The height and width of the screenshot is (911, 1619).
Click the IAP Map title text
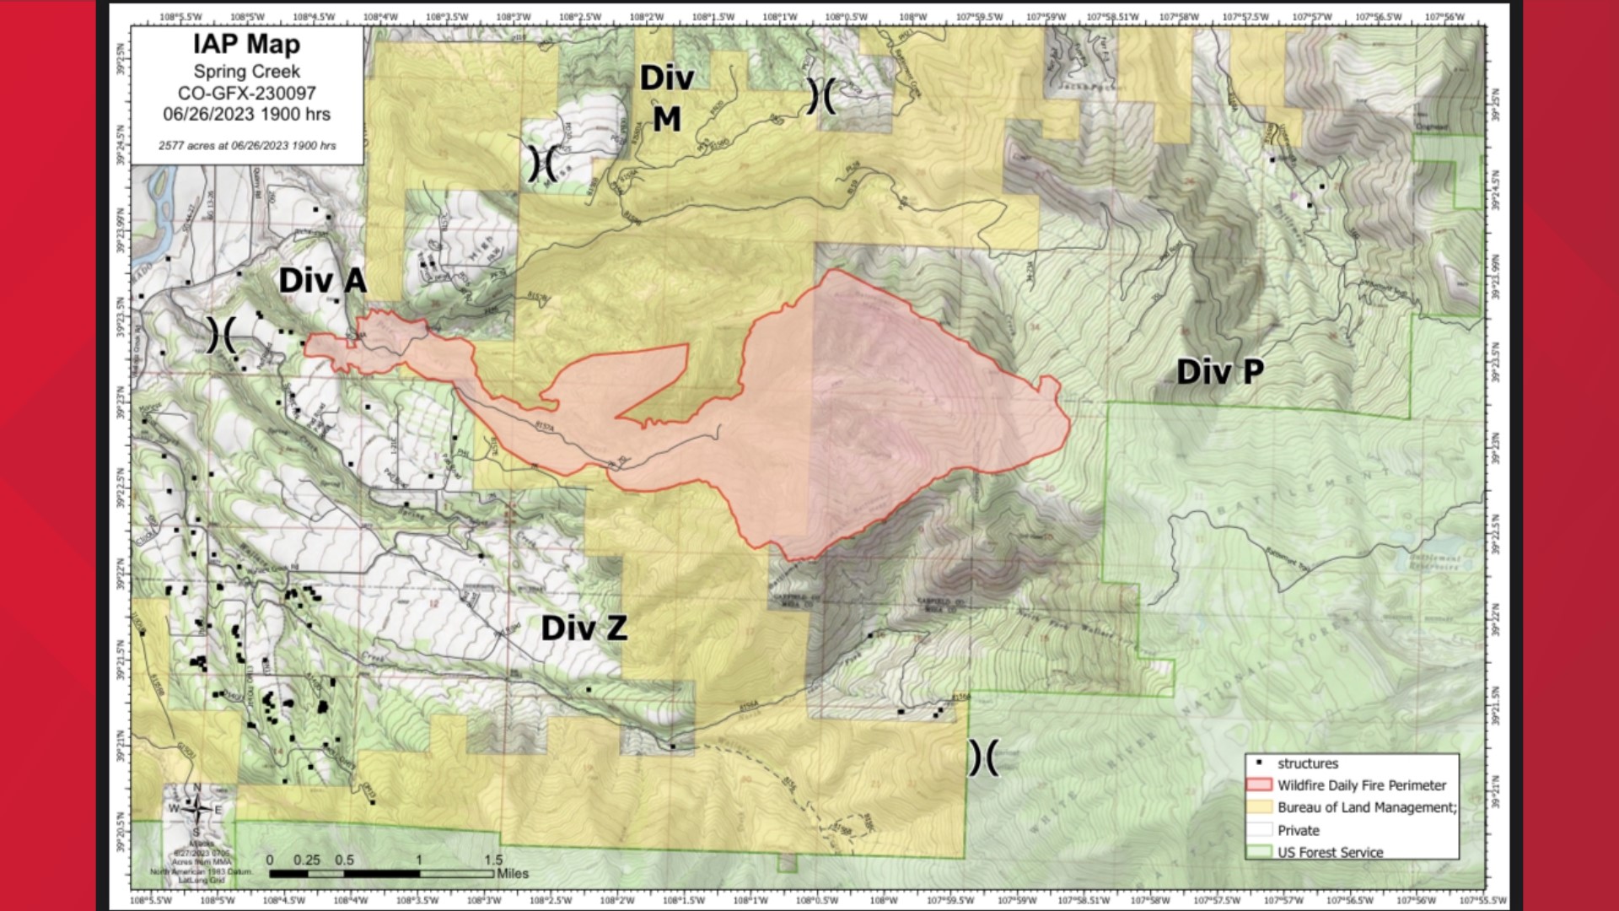coord(246,46)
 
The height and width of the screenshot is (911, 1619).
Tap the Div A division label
coord(322,281)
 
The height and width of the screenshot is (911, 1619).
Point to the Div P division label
coord(1219,371)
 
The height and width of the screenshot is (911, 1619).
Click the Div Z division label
coord(584,628)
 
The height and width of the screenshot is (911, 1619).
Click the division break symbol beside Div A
coord(221,337)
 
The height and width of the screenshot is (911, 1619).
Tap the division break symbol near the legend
coord(982,758)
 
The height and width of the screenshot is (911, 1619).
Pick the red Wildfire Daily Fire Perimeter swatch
coord(1259,785)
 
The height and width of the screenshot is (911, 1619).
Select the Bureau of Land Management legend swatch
coord(1259,807)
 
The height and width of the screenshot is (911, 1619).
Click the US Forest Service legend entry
coord(1330,852)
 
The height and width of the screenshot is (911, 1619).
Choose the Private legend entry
coord(1298,830)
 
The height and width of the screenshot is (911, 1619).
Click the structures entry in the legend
coord(1307,763)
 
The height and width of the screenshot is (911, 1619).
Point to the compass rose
coord(196,810)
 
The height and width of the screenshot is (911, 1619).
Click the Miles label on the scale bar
coord(513,874)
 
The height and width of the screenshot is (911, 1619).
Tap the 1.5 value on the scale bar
coord(492,860)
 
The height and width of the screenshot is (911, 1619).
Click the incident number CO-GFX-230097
coord(246,93)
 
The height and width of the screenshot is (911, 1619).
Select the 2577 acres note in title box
coord(247,146)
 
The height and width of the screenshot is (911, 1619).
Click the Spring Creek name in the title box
coord(246,72)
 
